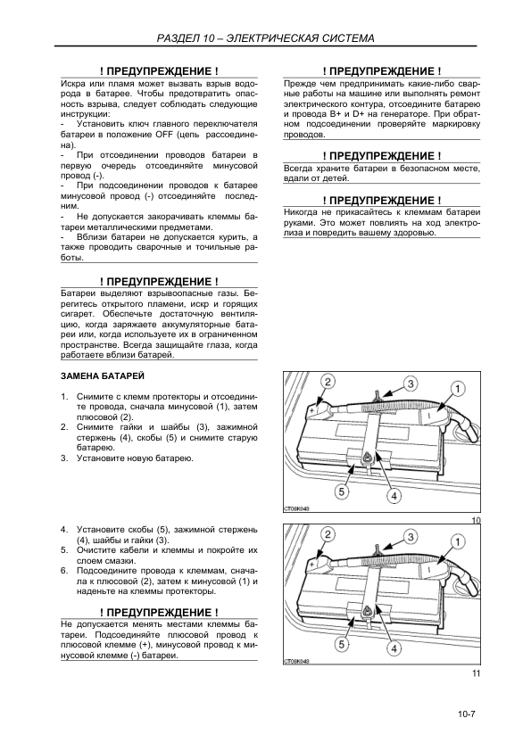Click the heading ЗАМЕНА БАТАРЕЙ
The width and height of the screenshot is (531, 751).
tap(103, 376)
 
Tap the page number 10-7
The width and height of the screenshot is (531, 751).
tap(465, 714)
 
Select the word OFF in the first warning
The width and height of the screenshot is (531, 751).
tap(164, 135)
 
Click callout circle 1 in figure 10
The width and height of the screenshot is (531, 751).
tap(458, 389)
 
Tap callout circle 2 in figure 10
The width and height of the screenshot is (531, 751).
tap(328, 382)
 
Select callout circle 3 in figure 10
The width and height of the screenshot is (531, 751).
tap(411, 384)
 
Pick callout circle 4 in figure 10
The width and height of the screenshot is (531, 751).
tap(394, 496)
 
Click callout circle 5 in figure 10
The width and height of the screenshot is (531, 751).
tap(341, 491)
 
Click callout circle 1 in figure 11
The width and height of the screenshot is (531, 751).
tap(458, 541)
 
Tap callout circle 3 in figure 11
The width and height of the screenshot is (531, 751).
tap(411, 536)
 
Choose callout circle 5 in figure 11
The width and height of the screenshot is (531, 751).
tap(341, 644)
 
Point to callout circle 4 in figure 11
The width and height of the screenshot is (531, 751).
tap(394, 648)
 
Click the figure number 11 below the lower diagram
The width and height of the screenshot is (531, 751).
tap(476, 673)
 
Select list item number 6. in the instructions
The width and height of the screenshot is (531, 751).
tap(64, 571)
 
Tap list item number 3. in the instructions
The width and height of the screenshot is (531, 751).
tap(64, 458)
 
